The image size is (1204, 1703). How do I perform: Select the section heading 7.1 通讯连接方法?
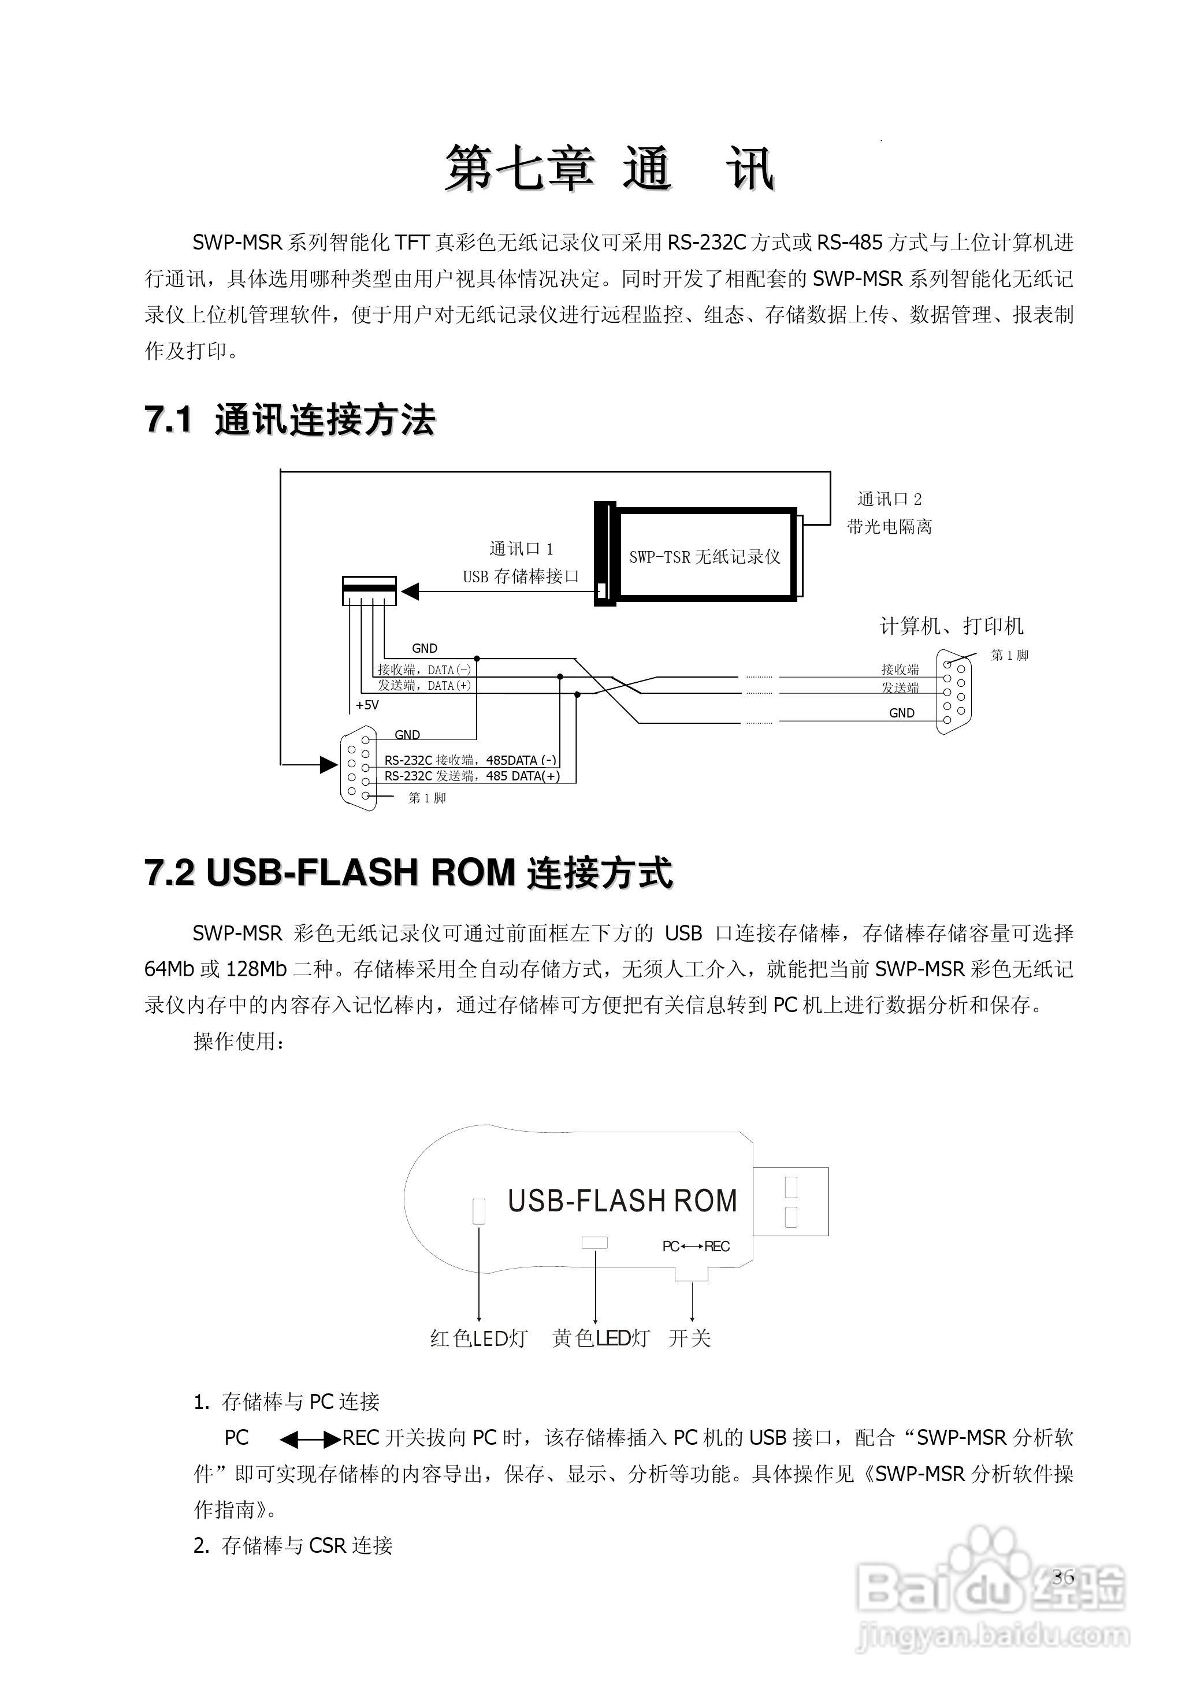point(289,420)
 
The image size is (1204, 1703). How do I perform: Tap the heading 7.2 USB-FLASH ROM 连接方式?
point(409,872)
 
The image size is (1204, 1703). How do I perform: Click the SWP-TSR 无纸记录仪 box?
point(705,556)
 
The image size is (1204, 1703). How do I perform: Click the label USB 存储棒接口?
point(520,577)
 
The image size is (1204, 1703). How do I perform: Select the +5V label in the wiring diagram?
point(367,705)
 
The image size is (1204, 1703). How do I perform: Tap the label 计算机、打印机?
point(951,627)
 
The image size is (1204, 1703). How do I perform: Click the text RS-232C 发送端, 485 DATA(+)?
point(472,776)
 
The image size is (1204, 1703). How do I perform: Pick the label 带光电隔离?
point(890,527)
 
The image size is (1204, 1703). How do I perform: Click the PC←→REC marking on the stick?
point(696,1247)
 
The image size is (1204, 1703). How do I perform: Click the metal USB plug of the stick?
point(791,1202)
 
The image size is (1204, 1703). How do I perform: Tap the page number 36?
point(1062,1577)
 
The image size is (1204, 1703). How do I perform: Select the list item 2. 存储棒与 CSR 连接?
point(293,1545)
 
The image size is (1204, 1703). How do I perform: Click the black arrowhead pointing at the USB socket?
point(410,591)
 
